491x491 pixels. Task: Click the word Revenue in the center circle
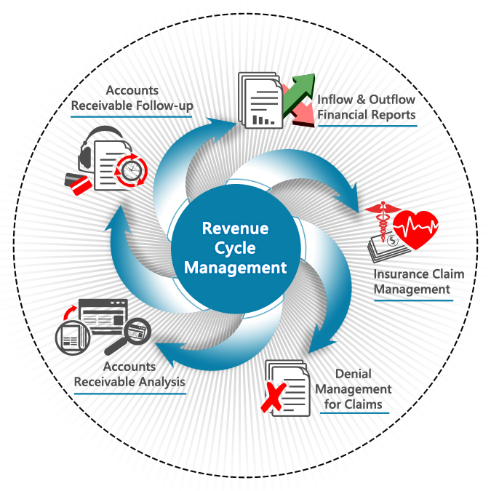(235, 228)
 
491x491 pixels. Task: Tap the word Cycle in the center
(235, 248)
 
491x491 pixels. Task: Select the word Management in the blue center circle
(235, 268)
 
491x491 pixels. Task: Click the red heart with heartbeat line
(415, 229)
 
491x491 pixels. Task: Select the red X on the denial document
(273, 396)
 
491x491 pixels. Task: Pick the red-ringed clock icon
(131, 171)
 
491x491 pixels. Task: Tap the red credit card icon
(81, 185)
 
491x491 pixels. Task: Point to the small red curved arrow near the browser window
(70, 313)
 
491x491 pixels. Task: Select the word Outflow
(392, 100)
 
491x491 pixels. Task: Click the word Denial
(354, 374)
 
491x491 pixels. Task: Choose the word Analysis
(161, 382)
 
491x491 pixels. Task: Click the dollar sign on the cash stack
(392, 241)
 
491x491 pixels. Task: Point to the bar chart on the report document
(263, 120)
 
